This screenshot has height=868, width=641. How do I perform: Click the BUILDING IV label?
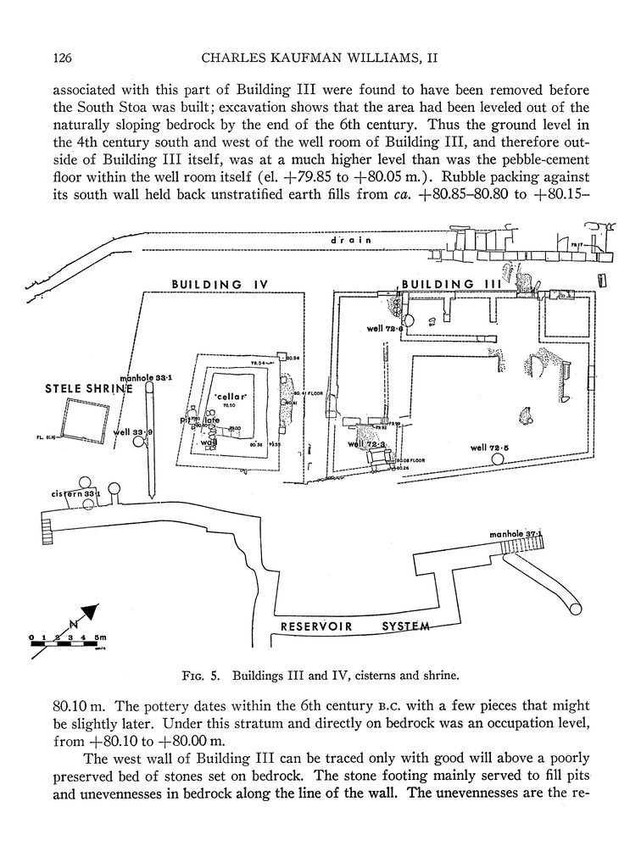coord(220,284)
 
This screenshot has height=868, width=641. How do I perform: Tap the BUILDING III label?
coord(438,284)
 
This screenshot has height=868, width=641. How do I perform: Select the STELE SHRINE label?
coord(89,389)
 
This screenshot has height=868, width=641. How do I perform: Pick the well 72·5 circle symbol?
coord(497,459)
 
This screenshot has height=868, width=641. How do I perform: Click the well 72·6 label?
coord(384,328)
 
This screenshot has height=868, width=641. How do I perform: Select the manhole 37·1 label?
coord(516,535)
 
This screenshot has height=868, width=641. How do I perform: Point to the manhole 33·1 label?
coord(148,378)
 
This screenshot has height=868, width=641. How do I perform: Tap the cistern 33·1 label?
coord(75,492)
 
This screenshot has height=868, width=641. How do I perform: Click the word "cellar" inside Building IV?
coord(231,397)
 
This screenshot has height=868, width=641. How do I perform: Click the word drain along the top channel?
coord(352,241)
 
